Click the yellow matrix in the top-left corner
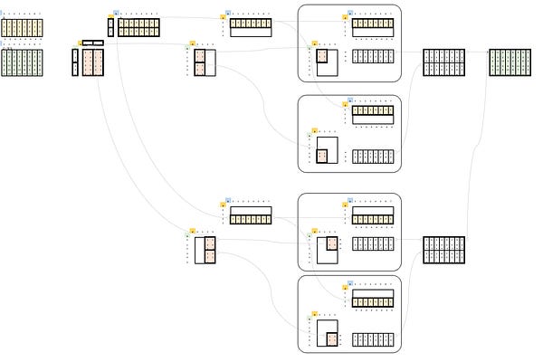pos(22,28)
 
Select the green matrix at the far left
pos(22,62)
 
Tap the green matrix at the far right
pos(510,62)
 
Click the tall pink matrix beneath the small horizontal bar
pos(92,62)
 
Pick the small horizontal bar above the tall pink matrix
pos(92,43)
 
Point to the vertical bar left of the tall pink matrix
pos(75,62)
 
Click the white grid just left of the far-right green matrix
pos(443,62)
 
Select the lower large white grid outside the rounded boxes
pos(443,250)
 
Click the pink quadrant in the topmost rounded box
pos(322,56)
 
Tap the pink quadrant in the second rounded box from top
pos(322,156)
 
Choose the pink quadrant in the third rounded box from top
pos(332,243)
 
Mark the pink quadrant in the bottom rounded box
pos(332,339)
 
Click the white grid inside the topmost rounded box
pos(373,56)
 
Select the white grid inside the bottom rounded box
pos(373,339)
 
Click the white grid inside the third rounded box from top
pos(373,243)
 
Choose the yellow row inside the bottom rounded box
pos(373,302)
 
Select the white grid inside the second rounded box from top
pos(373,156)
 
